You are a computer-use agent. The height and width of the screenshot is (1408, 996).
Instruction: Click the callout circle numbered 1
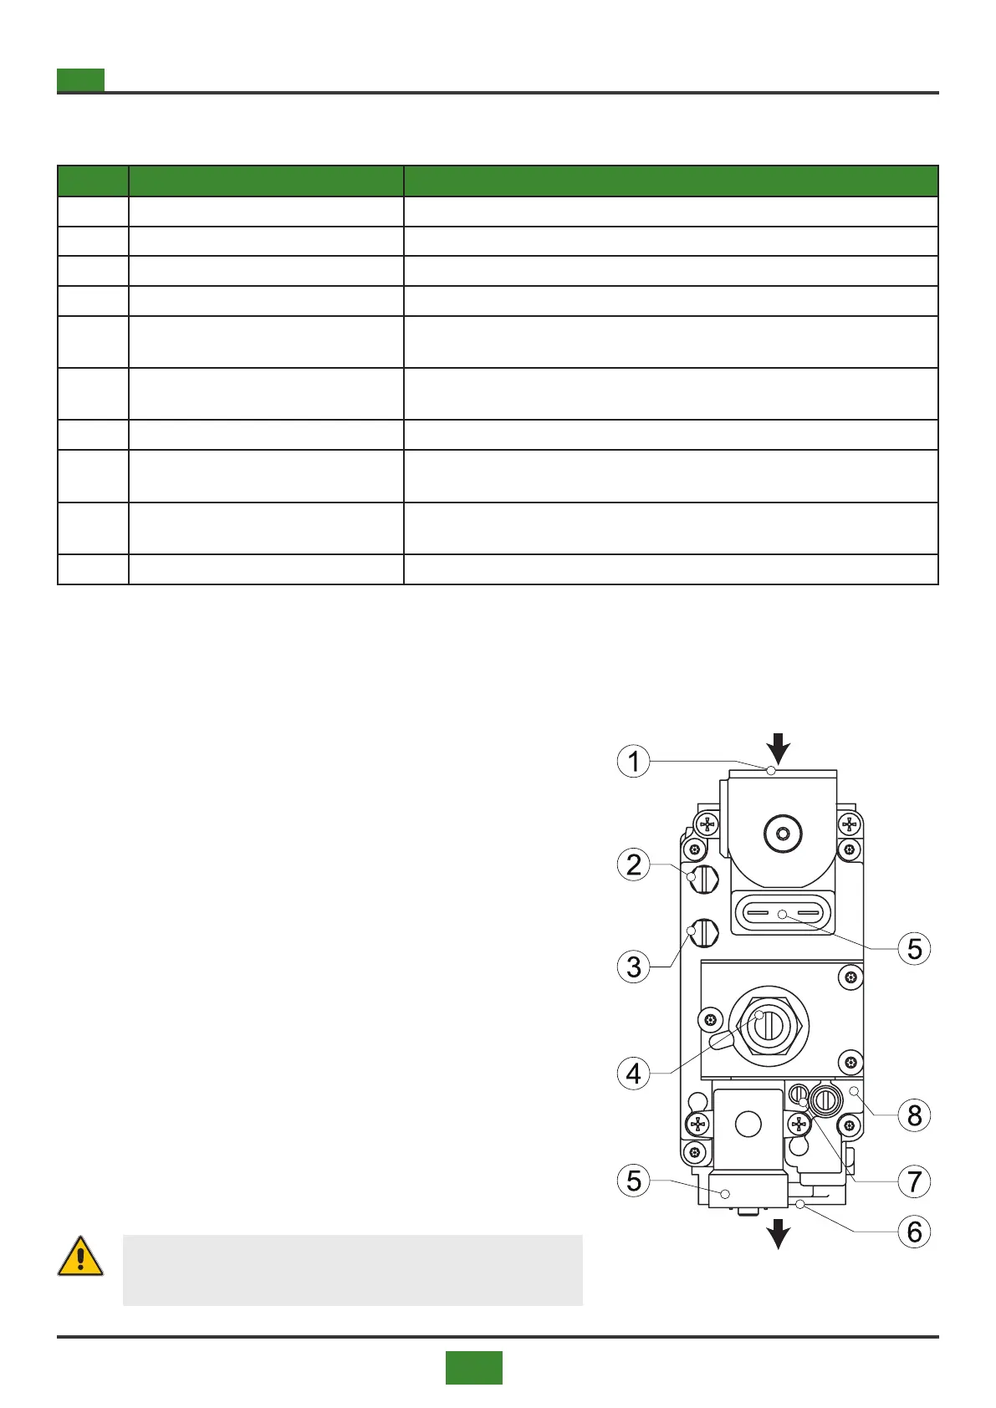click(x=633, y=762)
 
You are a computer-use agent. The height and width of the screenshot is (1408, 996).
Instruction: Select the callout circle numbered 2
click(x=633, y=865)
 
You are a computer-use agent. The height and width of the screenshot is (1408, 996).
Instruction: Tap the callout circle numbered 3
click(x=633, y=967)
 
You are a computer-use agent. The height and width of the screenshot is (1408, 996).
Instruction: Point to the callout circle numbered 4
click(x=633, y=1073)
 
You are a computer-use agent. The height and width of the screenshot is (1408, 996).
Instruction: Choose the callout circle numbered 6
click(x=914, y=1232)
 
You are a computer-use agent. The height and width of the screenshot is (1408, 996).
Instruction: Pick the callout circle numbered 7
click(x=914, y=1181)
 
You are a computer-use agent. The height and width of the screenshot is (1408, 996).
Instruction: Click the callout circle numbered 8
click(x=914, y=1115)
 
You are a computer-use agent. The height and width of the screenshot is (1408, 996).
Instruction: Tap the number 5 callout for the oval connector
click(x=914, y=949)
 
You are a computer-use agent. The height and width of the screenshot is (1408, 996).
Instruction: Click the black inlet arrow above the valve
click(x=779, y=747)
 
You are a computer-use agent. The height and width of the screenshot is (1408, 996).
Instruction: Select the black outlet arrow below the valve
click(x=779, y=1233)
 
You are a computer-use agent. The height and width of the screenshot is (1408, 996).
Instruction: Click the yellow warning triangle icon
click(x=80, y=1257)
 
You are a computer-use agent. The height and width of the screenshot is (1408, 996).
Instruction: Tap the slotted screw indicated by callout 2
click(x=704, y=879)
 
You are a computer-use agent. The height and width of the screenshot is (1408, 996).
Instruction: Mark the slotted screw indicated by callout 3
click(x=705, y=932)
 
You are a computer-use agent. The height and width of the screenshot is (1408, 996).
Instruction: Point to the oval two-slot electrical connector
click(x=783, y=915)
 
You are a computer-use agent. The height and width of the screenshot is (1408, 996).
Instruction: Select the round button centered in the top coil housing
click(x=783, y=834)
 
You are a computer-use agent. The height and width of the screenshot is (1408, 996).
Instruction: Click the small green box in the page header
click(x=80, y=80)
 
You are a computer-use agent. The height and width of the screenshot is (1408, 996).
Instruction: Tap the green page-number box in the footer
click(x=473, y=1367)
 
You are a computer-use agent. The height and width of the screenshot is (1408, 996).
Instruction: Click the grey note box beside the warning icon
click(x=352, y=1269)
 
